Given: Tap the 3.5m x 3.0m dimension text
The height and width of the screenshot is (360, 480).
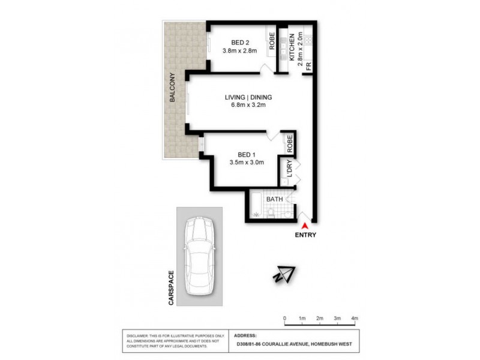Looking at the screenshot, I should [247, 162].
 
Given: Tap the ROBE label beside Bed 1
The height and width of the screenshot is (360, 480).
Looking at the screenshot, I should [289, 143].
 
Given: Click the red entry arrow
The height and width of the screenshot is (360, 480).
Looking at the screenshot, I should [305, 226].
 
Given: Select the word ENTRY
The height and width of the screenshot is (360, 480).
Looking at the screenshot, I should [305, 235].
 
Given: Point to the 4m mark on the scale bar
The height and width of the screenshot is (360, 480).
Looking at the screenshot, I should [354, 318].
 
